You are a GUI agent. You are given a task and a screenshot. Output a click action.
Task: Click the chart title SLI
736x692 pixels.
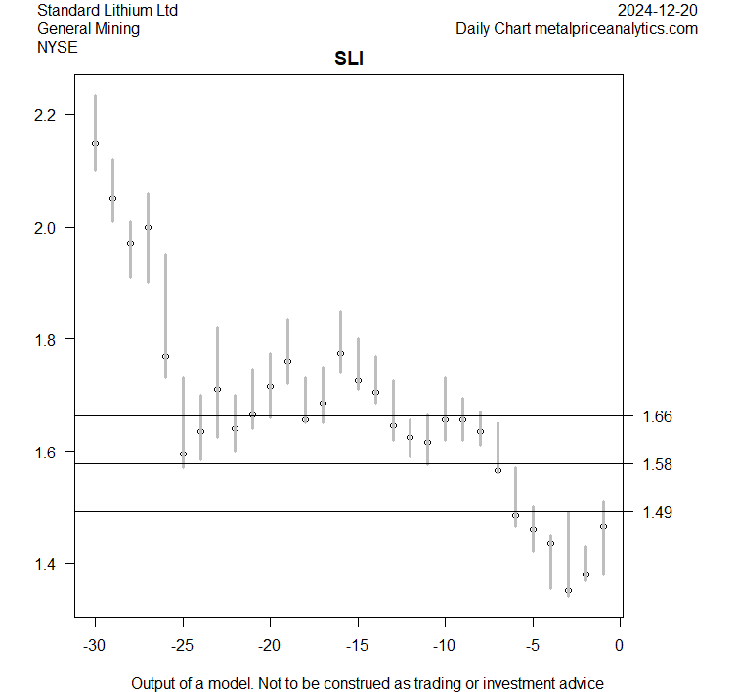point(349,60)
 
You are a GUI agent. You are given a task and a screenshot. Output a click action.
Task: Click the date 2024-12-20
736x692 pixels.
point(659,10)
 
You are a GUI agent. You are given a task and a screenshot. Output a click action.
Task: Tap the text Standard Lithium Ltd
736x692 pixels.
point(108,10)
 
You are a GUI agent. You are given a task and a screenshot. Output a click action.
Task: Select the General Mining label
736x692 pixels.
point(88,28)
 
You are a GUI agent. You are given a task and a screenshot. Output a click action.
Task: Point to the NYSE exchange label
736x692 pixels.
point(58,47)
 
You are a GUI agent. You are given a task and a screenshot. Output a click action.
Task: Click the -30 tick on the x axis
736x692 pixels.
point(95,645)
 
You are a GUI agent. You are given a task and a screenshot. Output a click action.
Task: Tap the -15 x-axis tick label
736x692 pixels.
point(358,645)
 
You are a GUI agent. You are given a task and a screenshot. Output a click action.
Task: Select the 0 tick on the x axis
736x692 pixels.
point(620,645)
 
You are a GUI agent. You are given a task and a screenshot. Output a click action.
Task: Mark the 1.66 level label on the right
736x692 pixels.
point(657,417)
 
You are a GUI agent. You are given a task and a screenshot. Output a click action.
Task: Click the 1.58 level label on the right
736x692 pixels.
point(657,464)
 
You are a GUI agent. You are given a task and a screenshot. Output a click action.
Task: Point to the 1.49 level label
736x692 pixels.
point(657,512)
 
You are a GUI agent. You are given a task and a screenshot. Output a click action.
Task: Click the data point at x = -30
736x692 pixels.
point(95,143)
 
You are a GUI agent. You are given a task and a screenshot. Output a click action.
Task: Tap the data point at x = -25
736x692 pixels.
point(183,454)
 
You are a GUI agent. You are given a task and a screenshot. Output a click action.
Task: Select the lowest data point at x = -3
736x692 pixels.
point(568,590)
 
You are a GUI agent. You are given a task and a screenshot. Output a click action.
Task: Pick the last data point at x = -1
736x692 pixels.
point(603,526)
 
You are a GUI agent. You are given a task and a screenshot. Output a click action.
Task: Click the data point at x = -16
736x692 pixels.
point(340,353)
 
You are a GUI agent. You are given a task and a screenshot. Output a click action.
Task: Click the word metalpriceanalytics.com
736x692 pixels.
point(616,28)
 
